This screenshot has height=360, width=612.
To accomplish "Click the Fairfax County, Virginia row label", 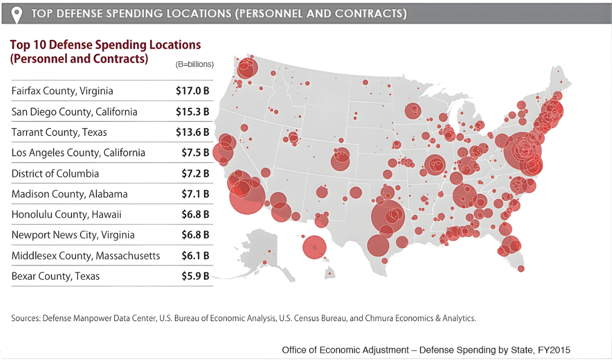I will click(62, 91).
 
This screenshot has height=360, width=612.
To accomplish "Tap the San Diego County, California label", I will click(74, 112).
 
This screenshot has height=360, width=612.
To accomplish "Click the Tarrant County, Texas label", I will click(59, 132).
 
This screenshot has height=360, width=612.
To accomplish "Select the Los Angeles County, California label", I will click(78, 153).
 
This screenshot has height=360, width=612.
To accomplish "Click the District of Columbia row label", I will click(55, 173).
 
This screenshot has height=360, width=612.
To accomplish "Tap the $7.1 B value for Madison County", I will click(195, 194).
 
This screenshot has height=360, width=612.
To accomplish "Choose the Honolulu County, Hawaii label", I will click(66, 215).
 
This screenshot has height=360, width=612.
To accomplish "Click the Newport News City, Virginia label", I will click(73, 235).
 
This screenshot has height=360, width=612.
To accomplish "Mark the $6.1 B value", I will click(195, 255).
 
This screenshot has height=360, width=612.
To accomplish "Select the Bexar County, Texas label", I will click(56, 276).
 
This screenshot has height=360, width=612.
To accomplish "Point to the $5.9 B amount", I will click(195, 276).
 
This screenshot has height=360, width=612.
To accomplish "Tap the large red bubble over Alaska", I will click(314, 247).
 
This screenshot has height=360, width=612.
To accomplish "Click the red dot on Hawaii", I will click(330, 274).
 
